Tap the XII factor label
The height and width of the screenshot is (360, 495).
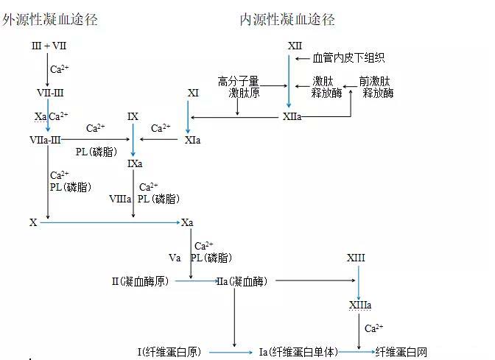pyautogui.click(x=295, y=46)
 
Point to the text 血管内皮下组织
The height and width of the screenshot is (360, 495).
pyautogui.click(x=348, y=58)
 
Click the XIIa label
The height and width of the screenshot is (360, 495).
pyautogui.click(x=292, y=116)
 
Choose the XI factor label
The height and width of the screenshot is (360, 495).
pyautogui.click(x=193, y=93)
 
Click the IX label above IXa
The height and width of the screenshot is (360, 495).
pyautogui.click(x=133, y=116)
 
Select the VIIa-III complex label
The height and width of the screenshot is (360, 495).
pyautogui.click(x=46, y=139)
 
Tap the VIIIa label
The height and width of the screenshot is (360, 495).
pyautogui.click(x=120, y=199)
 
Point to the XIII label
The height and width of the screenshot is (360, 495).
pyautogui.click(x=356, y=258)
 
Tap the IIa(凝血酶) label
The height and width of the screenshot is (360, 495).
pyautogui.click(x=242, y=280)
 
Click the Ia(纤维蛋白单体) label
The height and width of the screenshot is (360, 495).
pyautogui.click(x=298, y=352)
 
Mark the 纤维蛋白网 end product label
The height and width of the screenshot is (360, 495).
pyautogui.click(x=401, y=352)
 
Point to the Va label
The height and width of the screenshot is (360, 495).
pyautogui.click(x=175, y=258)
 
